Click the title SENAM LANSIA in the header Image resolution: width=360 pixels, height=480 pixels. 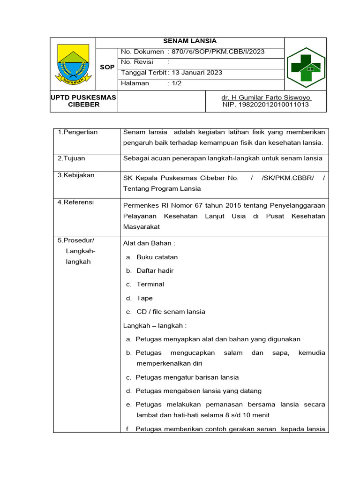pos(189,41)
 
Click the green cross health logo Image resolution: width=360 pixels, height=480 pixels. pos(306,67)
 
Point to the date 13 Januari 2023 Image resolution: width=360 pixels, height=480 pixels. pos(197,73)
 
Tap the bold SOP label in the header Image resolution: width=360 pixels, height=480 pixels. pos(107,67)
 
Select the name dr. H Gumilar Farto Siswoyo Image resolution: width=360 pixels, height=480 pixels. pos(266,97)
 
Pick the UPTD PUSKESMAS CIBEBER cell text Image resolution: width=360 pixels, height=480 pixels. pos(84,101)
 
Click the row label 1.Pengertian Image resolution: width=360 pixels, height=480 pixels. pos(78,132)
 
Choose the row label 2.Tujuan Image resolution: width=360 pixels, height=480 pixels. pos(71,158)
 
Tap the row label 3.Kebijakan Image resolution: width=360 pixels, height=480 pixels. pos(76,175)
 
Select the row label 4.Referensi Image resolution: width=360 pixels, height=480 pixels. pos(75,202)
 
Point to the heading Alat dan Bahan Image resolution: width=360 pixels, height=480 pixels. pos(149,243)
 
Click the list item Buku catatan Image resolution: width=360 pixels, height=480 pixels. pos(157,257)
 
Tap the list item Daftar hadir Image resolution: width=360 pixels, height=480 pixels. pos(155,270)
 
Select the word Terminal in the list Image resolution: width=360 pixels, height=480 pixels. pos(150,284)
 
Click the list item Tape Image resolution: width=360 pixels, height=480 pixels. pos(144,298)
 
